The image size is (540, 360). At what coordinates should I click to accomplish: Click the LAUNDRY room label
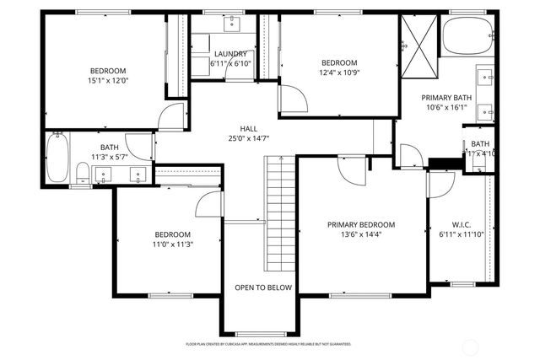click(x=229, y=53)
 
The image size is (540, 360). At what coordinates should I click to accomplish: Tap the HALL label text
click(x=248, y=128)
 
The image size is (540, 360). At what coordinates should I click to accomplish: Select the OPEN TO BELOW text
click(x=263, y=287)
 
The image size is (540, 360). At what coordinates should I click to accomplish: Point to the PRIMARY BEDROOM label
click(x=361, y=224)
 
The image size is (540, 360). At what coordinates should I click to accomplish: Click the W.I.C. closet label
click(x=462, y=225)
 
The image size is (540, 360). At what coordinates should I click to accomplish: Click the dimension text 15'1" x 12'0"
click(x=108, y=81)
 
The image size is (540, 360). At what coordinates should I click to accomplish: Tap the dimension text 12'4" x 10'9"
click(x=339, y=73)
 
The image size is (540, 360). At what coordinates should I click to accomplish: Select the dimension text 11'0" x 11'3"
click(x=172, y=244)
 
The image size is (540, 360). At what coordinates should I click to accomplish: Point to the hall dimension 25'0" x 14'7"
click(x=248, y=138)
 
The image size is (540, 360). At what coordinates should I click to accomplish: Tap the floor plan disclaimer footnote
click(x=268, y=344)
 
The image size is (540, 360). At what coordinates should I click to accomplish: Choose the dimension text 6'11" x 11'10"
click(x=462, y=235)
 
